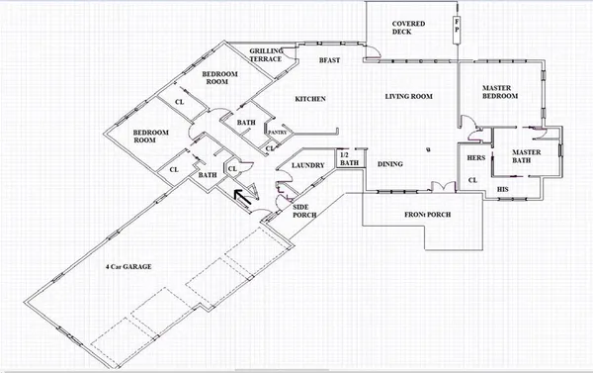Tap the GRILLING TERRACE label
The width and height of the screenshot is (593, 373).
[267, 54]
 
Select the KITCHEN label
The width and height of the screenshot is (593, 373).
[310, 98]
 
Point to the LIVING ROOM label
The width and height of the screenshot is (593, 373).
[409, 96]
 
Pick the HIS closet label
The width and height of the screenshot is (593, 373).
[502, 187]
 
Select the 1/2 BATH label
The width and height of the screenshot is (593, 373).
[345, 160]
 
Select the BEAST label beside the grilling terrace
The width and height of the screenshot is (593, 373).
[329, 60]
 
